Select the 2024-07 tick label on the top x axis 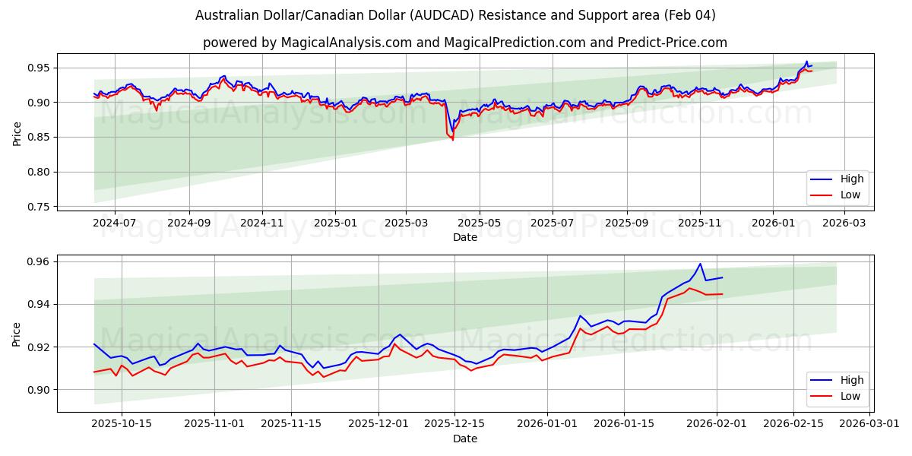point(115,223)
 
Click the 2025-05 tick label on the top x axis point(480,223)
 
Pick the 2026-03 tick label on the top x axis point(845,223)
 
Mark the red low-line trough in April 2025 point(453,140)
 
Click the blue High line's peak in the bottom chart point(700,264)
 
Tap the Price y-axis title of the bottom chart point(17,334)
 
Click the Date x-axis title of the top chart point(464,237)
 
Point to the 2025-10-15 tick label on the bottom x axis point(122,424)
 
